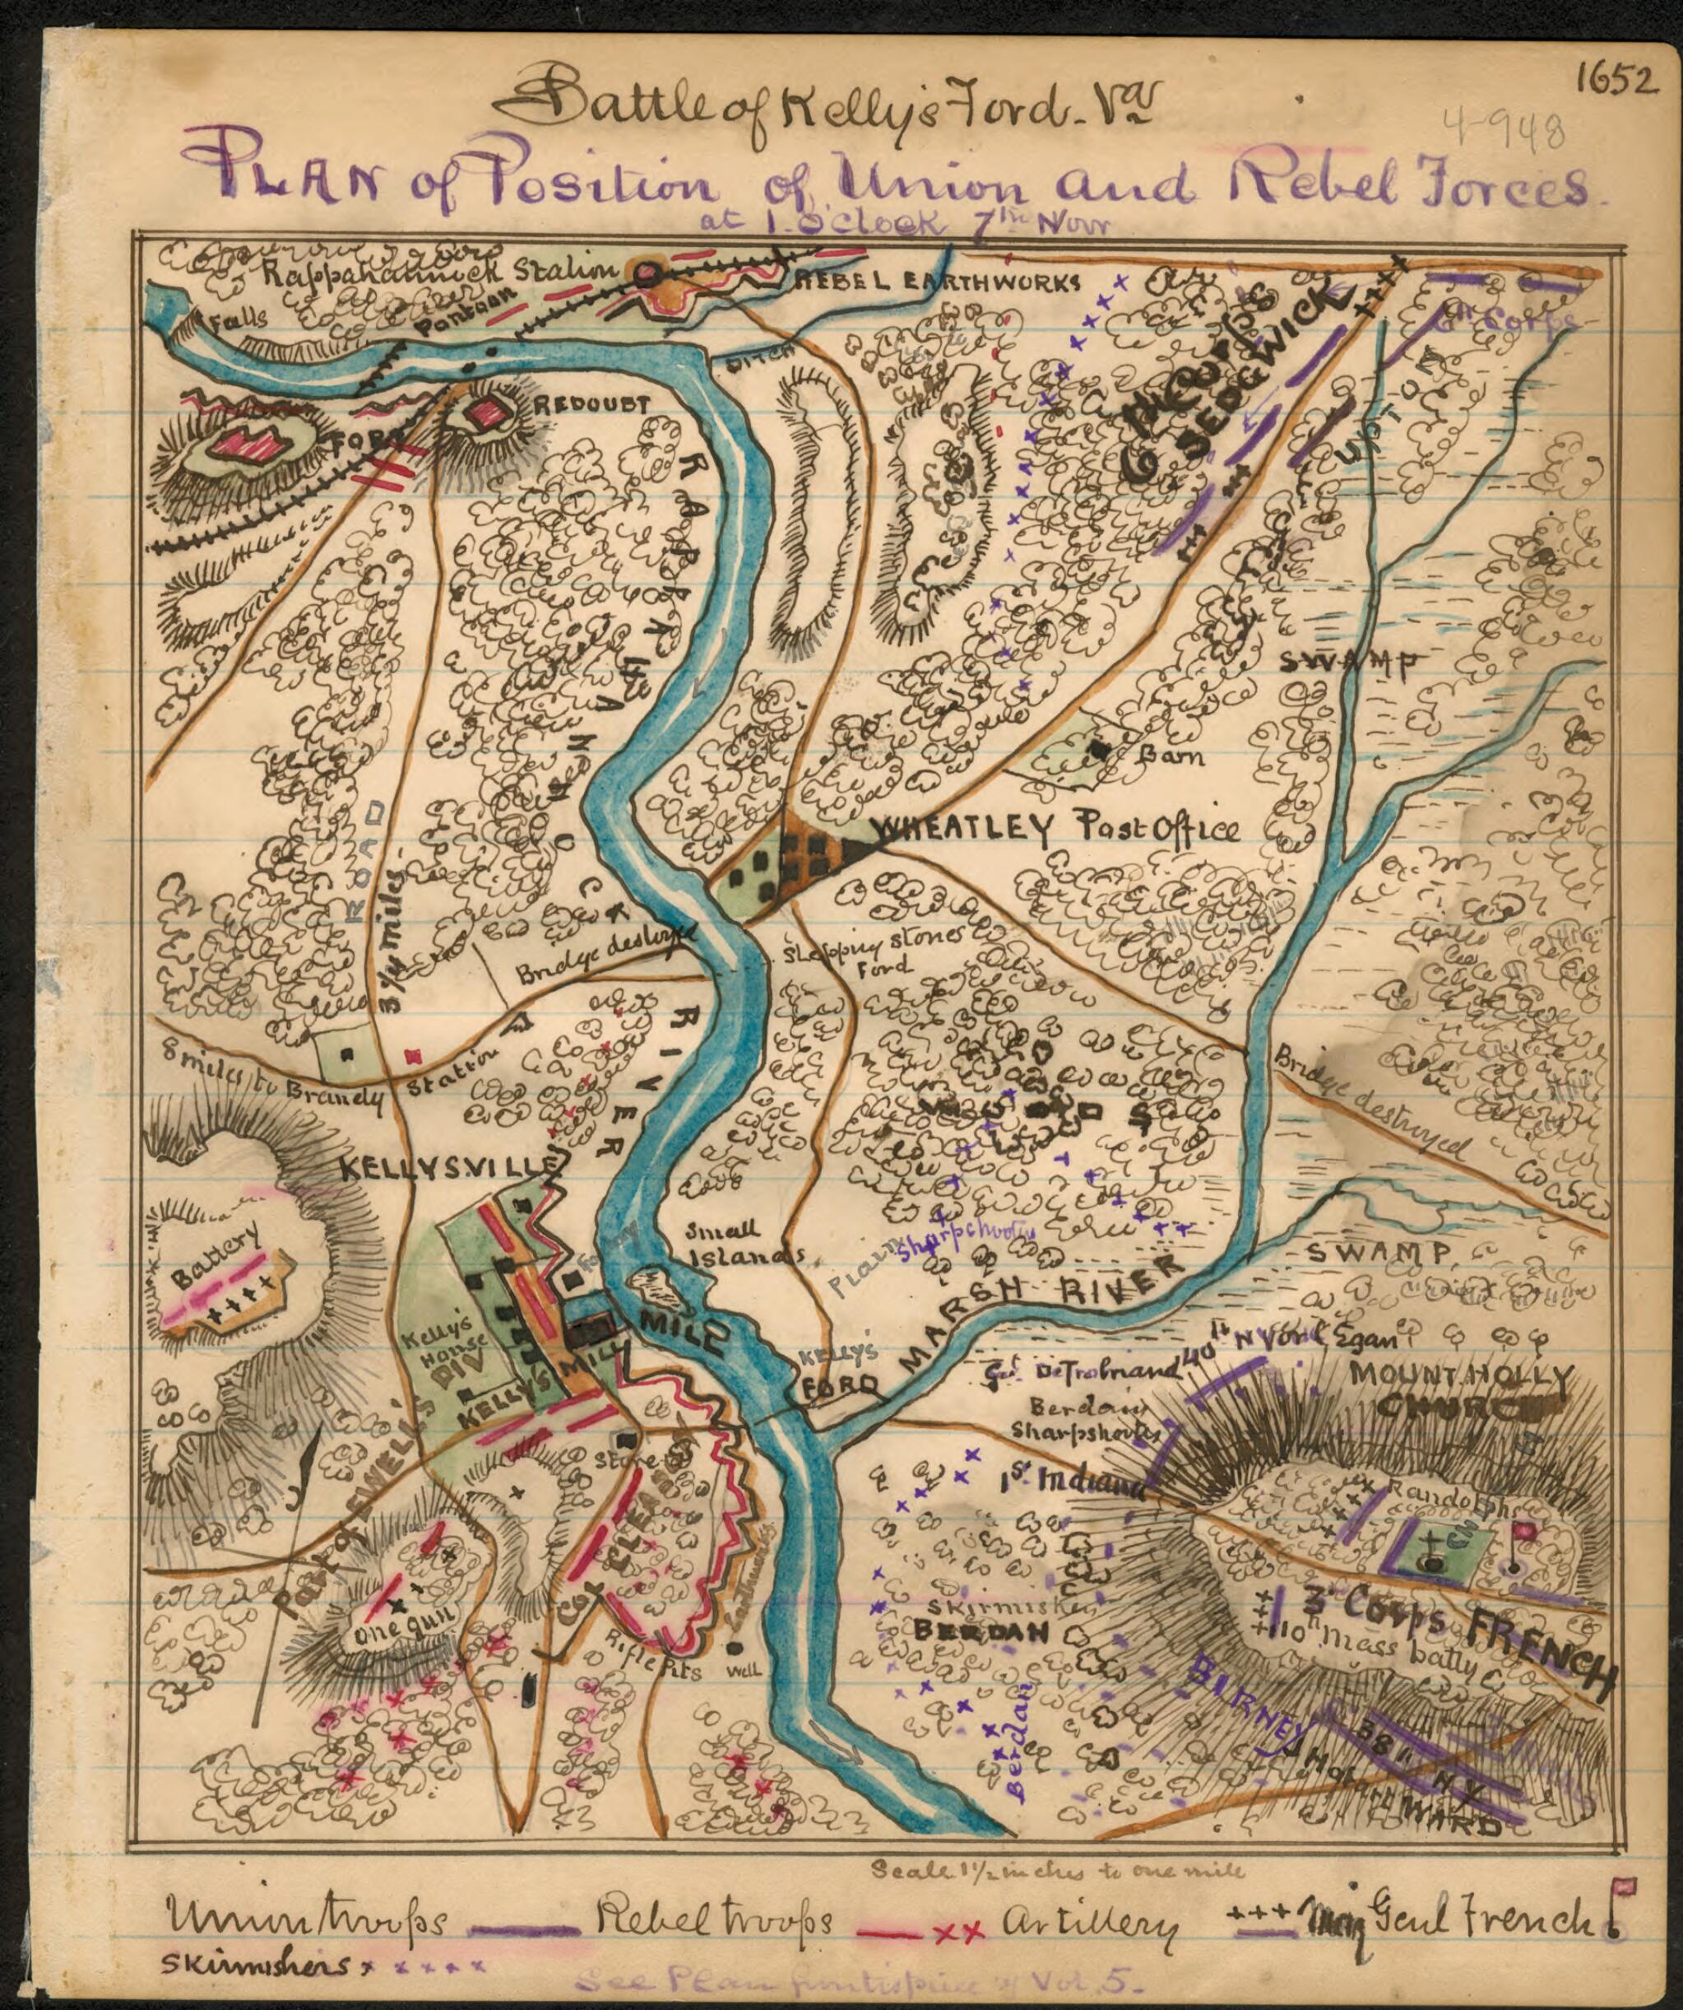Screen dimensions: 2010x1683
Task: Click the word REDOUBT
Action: [x=591, y=406]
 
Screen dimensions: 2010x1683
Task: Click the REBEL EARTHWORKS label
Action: [x=936, y=282]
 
